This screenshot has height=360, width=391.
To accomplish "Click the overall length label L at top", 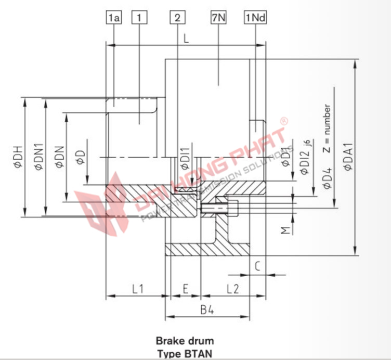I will (186, 38).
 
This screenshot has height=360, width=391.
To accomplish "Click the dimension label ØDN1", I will (38, 157).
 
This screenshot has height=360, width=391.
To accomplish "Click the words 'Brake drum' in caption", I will (185, 341).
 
